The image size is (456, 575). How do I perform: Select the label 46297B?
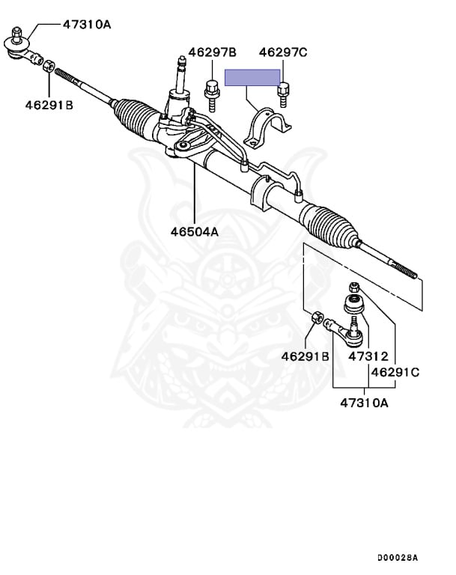[212, 52]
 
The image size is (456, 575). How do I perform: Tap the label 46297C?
[283, 52]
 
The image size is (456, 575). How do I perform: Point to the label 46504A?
[194, 232]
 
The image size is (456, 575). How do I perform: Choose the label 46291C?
[395, 371]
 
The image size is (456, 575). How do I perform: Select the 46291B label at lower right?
[305, 356]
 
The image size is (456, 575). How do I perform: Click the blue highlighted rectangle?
[253, 78]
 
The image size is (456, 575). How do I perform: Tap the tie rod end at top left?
[20, 48]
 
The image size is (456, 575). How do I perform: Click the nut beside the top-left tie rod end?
[46, 66]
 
